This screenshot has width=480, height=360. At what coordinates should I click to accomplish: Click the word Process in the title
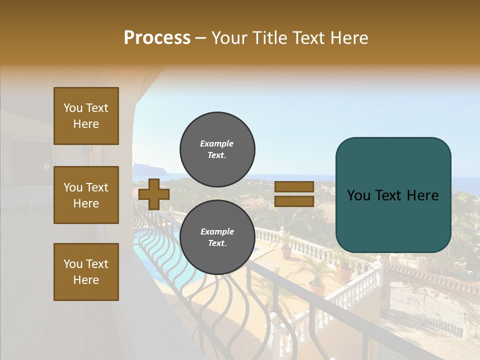(157, 38)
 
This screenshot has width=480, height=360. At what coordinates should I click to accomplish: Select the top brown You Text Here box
(86, 116)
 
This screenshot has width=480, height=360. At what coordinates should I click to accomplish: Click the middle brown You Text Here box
(86, 195)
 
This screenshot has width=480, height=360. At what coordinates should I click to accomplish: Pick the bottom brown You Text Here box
(86, 271)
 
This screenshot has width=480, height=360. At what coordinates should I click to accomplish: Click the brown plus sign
(154, 194)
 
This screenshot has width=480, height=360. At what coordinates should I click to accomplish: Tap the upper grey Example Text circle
(217, 149)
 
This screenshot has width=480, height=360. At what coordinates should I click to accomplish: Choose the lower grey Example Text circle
(217, 237)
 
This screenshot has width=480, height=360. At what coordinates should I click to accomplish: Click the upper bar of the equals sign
(294, 186)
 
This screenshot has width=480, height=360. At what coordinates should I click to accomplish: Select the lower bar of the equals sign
(294, 201)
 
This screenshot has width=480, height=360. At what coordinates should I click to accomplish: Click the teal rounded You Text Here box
(393, 195)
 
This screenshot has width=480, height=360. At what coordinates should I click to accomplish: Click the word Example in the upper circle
(217, 143)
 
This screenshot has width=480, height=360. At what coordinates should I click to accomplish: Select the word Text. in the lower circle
(217, 243)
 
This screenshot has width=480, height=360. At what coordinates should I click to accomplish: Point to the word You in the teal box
(359, 195)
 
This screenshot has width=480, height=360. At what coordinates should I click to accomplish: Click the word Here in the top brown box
(86, 124)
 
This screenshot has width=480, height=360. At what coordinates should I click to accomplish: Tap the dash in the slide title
(201, 38)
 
